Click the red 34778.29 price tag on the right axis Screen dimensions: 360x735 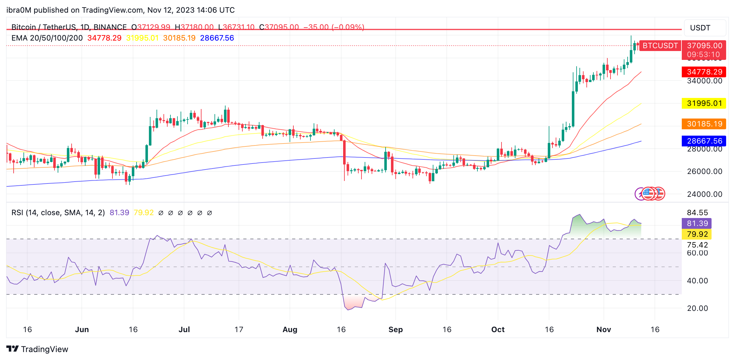(704, 72)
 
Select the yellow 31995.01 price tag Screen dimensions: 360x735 (704, 103)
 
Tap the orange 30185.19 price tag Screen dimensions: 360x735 (704, 124)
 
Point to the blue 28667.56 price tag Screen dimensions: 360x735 (704, 141)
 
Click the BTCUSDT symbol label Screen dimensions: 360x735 (660, 46)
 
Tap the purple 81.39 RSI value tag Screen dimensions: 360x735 (697, 223)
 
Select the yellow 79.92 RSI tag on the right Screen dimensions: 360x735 (697, 234)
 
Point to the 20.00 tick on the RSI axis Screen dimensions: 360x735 (697, 308)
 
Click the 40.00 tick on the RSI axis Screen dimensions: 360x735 (697, 281)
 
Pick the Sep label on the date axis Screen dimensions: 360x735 (395, 330)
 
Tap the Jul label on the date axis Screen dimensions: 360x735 (184, 330)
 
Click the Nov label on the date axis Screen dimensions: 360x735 (604, 330)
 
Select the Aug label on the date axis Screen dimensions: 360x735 (290, 330)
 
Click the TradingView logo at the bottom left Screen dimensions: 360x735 (37, 349)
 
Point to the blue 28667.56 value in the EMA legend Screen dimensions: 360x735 (217, 38)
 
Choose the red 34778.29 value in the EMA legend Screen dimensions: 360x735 (104, 38)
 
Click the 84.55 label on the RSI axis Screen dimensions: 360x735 (697, 213)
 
